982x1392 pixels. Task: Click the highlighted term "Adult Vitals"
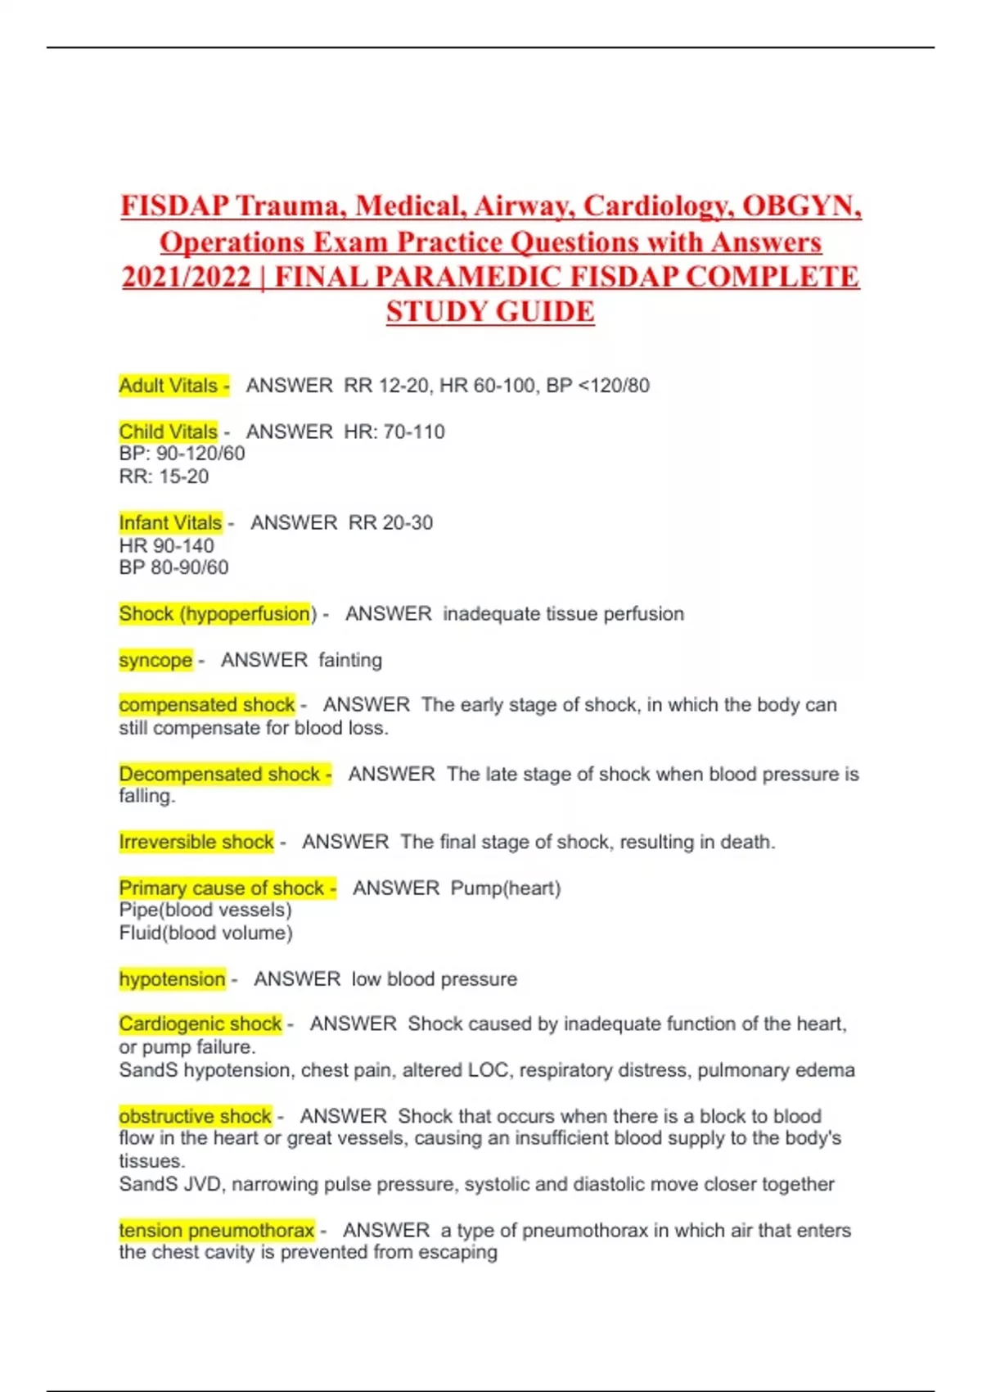point(169,386)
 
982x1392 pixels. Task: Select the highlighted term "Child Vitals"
point(169,432)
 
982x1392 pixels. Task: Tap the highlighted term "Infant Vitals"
point(170,522)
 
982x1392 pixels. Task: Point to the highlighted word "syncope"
point(155,660)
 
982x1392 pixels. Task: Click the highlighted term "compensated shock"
point(206,705)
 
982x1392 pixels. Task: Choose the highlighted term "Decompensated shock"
point(219,774)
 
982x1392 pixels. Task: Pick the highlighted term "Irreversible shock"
point(196,842)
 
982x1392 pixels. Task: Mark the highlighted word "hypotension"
point(172,979)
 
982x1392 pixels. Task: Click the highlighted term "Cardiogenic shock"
point(200,1024)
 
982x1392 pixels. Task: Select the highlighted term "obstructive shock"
point(195,1116)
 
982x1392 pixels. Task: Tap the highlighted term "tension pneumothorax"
point(217,1230)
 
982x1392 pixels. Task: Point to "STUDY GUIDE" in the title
point(490,312)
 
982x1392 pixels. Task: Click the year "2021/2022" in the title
point(187,277)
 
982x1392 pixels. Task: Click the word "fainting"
point(350,660)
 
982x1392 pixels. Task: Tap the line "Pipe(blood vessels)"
point(205,911)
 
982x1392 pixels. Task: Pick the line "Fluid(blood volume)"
point(205,933)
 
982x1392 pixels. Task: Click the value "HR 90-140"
point(166,545)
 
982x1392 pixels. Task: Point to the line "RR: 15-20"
point(164,477)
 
